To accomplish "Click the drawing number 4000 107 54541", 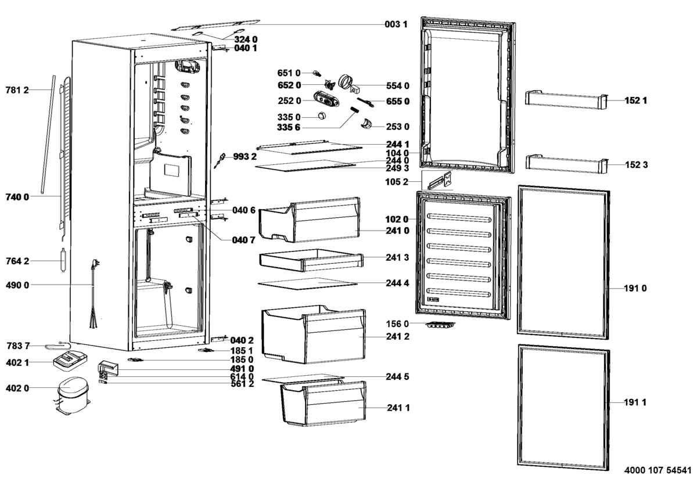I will pos(658,469).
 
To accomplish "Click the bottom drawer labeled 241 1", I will pos(323,404).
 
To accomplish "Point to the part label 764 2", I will pos(17,261).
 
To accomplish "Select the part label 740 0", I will pos(17,197).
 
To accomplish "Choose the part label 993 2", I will pos(245,156).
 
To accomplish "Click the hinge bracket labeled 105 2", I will pos(440,181).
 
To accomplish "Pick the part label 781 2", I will pos(17,89).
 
